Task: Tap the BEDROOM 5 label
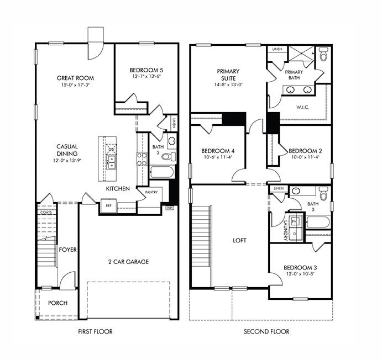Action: click(146, 70)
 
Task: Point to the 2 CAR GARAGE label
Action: click(128, 262)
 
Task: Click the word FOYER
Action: click(67, 250)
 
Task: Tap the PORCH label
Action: click(57, 303)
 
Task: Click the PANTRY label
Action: click(152, 193)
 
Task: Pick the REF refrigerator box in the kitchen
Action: click(109, 205)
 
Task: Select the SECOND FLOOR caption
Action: click(266, 332)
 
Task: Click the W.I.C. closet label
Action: click(302, 107)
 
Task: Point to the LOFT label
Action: click(239, 241)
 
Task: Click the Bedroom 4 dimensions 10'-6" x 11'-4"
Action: click(218, 157)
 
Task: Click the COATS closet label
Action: click(46, 212)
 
